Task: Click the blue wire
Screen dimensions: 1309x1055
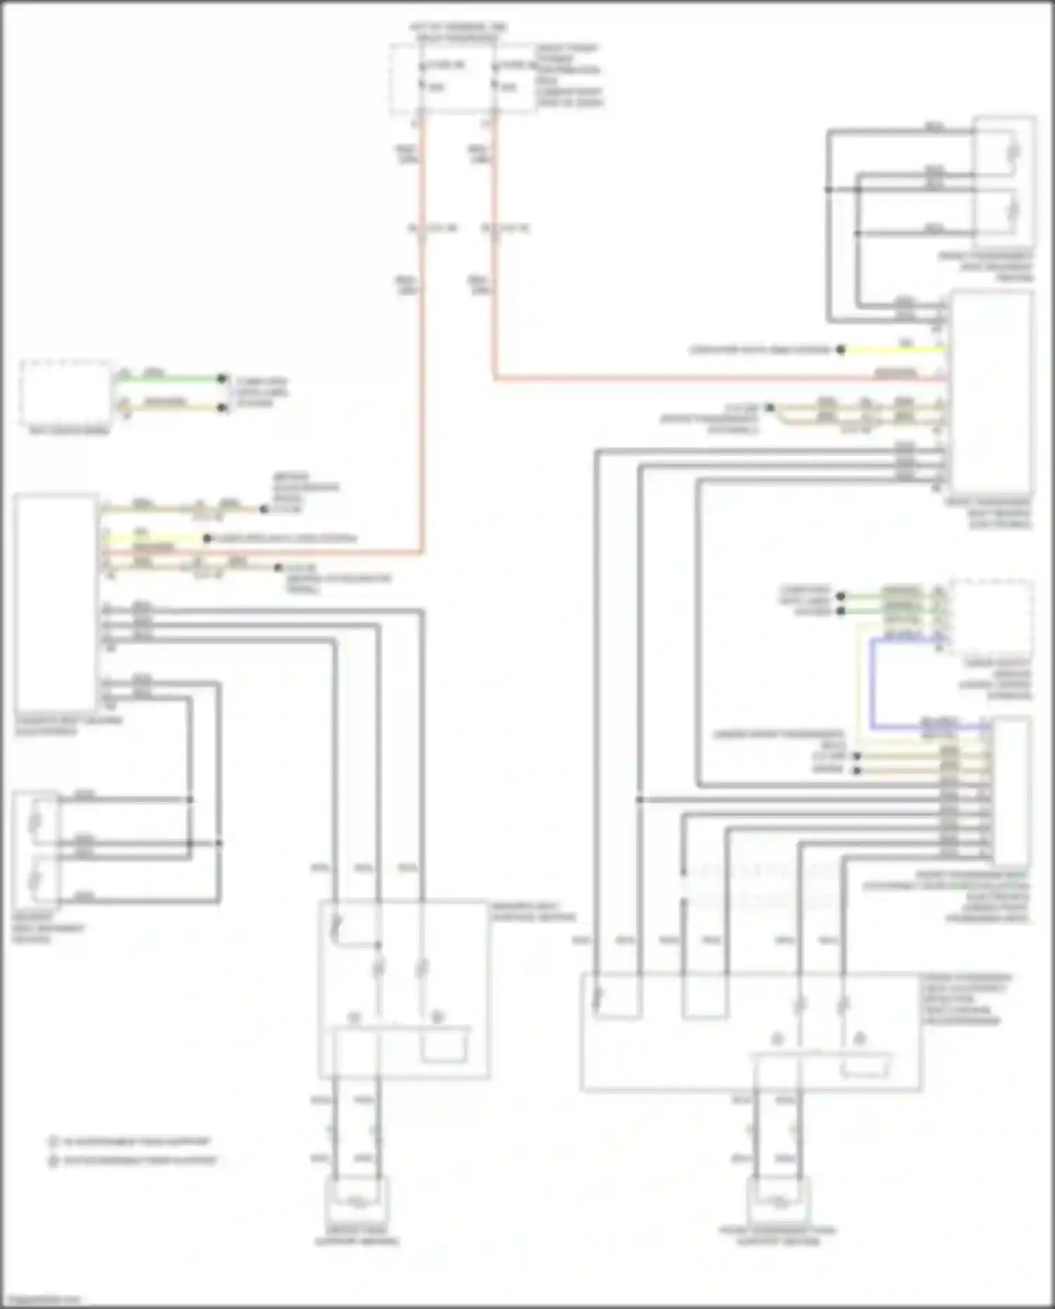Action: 871,682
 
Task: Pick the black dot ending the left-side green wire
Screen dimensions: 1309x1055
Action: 222,378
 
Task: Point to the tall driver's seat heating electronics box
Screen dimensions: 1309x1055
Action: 56,602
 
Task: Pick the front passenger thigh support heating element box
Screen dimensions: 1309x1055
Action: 778,1202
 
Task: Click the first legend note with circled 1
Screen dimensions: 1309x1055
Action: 129,1141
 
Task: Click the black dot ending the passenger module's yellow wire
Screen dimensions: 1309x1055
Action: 840,350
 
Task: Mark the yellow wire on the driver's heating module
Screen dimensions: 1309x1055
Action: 155,539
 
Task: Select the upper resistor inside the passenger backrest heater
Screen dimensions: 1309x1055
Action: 1014,151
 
